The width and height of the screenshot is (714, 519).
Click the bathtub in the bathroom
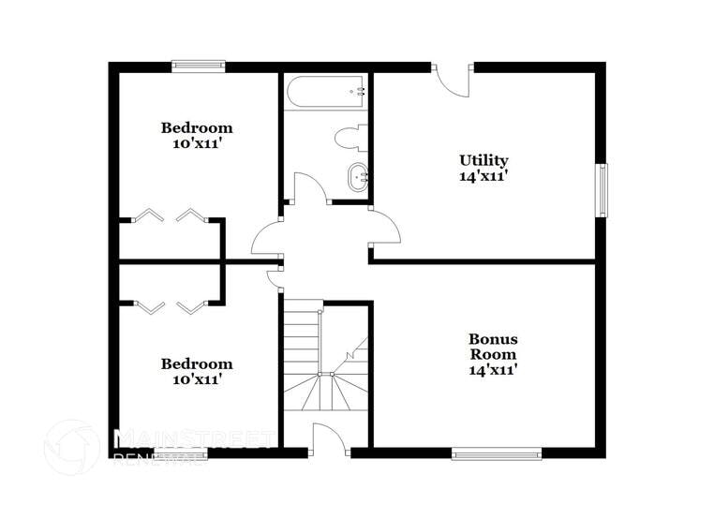pyautogui.click(x=327, y=92)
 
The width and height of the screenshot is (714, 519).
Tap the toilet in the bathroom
pyautogui.click(x=350, y=138)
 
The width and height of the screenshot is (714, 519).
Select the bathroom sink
pyautogui.click(x=358, y=175)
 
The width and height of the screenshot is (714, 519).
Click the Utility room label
pyautogui.click(x=483, y=160)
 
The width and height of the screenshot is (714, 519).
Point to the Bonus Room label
pyautogui.click(x=493, y=347)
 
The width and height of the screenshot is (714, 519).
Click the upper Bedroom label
pyautogui.click(x=197, y=127)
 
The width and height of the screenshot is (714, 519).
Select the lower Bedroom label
pyautogui.click(x=197, y=363)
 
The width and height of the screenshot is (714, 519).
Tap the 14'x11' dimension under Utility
pyautogui.click(x=483, y=176)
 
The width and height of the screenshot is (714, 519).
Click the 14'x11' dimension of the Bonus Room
pyautogui.click(x=493, y=370)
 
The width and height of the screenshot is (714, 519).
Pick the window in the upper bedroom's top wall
pyautogui.click(x=199, y=66)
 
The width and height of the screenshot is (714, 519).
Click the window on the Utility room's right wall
pyautogui.click(x=602, y=190)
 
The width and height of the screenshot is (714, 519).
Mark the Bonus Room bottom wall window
pyautogui.click(x=497, y=453)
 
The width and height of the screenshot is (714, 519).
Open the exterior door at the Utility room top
pyautogui.click(x=454, y=79)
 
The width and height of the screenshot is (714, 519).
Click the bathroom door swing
pyautogui.click(x=310, y=187)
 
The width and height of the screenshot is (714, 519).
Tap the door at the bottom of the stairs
pyautogui.click(x=328, y=438)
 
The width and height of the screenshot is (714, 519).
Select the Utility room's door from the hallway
pyautogui.click(x=384, y=228)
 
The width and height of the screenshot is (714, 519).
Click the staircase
pyautogui.click(x=323, y=361)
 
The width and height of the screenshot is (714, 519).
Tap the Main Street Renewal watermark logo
pyautogui.click(x=72, y=447)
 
